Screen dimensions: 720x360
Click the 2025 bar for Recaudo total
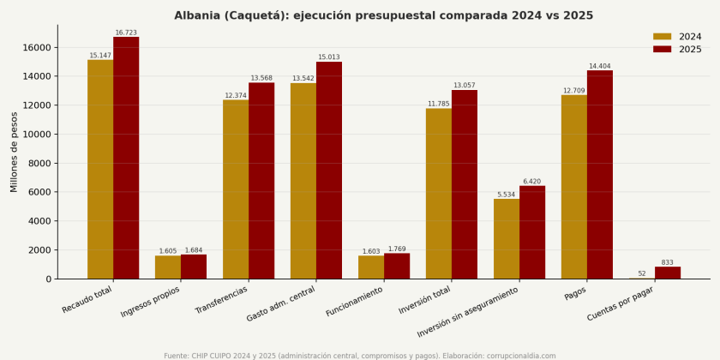[x=126, y=158]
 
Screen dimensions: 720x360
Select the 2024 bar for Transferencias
[x=236, y=189]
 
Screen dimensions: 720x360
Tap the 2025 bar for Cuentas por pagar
[x=668, y=273]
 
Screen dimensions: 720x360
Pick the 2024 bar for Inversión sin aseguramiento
[x=507, y=239]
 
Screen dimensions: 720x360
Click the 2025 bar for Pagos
[x=600, y=175]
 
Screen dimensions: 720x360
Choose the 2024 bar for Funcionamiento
[x=371, y=267]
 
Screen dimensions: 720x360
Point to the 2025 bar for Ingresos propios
[x=194, y=267]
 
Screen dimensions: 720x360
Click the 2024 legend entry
[x=677, y=37]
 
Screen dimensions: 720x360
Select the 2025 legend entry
[x=677, y=49]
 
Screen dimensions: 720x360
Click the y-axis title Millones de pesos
[x=15, y=152]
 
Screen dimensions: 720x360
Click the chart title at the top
[x=383, y=15]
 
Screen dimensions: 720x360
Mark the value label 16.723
[x=126, y=33]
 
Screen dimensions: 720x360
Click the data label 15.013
[x=329, y=57]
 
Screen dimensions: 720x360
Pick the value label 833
[x=667, y=262]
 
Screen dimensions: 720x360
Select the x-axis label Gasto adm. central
[x=281, y=303]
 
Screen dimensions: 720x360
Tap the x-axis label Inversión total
[x=424, y=300]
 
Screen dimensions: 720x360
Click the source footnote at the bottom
[x=359, y=356]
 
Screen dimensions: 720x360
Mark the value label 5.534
[x=506, y=195]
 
